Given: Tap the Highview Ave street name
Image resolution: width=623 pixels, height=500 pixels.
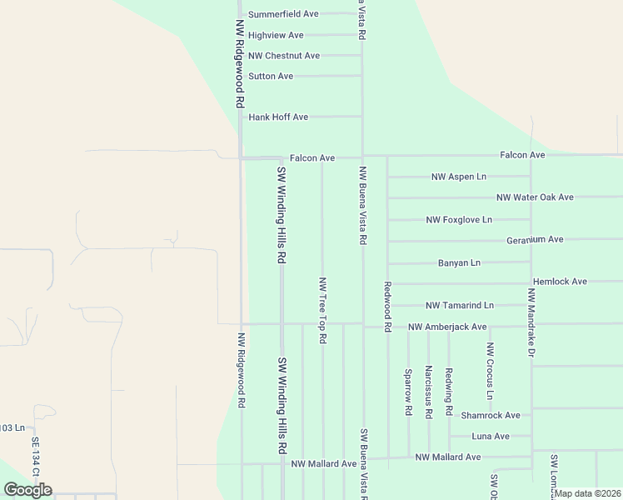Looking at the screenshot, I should click(276, 35).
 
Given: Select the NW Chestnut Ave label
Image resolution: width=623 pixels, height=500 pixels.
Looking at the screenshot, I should click(284, 56).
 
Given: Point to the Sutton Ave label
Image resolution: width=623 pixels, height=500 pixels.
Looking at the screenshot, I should click(271, 76).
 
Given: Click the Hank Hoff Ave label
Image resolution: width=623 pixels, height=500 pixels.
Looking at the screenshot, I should click(278, 117).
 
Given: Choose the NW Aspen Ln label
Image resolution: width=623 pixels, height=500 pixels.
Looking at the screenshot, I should click(458, 177).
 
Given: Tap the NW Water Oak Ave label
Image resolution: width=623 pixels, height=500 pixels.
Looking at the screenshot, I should click(535, 197).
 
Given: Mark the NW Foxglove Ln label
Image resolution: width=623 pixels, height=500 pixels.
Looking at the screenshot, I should click(459, 220).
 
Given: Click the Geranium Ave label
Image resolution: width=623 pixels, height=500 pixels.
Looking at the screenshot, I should click(535, 239).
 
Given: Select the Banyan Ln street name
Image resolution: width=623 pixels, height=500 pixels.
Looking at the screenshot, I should click(459, 262).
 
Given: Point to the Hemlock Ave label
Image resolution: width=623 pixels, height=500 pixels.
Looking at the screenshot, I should click(560, 282).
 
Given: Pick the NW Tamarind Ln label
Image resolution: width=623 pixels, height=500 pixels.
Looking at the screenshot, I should click(460, 306).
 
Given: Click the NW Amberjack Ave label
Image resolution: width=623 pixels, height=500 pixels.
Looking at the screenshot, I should click(447, 327).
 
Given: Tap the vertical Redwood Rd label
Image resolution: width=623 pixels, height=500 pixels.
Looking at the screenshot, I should click(387, 307).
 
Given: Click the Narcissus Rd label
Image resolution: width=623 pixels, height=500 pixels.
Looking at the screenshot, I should click(428, 391).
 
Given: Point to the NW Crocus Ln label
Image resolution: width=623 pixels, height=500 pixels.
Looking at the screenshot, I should click(491, 370).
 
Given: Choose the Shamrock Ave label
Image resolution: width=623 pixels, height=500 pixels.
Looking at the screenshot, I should click(491, 415).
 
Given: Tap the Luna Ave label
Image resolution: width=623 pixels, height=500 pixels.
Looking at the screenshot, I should click(491, 436).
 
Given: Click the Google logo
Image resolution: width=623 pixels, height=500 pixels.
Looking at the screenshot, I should click(28, 489).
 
